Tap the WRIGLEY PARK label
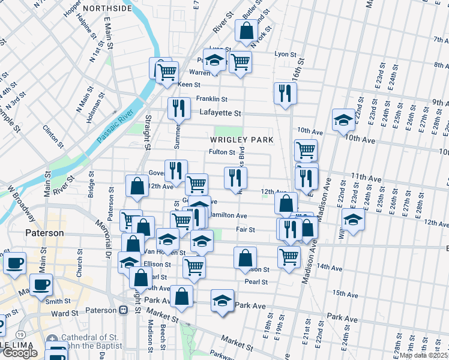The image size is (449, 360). [241, 140]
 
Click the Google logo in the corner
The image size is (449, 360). [19, 353]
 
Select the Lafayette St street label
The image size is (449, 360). [219, 113]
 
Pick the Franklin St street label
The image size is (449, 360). [211, 99]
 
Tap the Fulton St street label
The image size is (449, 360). [221, 152]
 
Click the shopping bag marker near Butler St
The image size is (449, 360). [246, 30]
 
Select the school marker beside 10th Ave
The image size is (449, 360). [344, 120]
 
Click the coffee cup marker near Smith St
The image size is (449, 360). [41, 284]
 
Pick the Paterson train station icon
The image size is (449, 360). [124, 310]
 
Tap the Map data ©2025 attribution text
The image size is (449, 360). [423, 355]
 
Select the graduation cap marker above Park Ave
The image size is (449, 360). [222, 300]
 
